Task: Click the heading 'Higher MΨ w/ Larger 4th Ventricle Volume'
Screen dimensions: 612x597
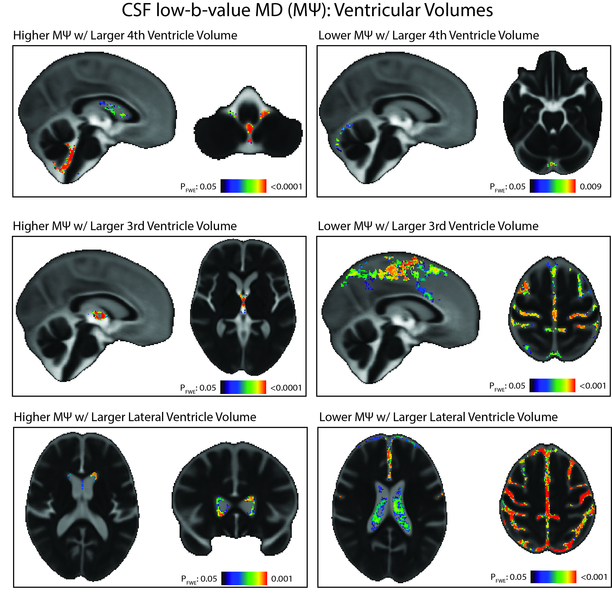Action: click(x=125, y=35)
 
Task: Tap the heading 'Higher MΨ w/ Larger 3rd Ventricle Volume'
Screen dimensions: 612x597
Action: click(x=125, y=226)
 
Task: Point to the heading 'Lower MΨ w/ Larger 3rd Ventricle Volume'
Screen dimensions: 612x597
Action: click(x=428, y=226)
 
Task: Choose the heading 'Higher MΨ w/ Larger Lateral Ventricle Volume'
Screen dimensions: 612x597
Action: click(x=135, y=417)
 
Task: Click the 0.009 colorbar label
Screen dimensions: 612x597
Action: click(x=590, y=187)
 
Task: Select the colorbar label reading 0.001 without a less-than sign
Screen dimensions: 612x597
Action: click(x=281, y=579)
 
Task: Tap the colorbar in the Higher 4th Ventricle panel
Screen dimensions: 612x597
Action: click(x=243, y=186)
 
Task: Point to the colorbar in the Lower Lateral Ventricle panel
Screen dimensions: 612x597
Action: click(x=553, y=577)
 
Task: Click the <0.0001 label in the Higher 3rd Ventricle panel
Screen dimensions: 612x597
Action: click(x=286, y=388)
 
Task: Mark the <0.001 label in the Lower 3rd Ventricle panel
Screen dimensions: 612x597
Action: click(x=593, y=386)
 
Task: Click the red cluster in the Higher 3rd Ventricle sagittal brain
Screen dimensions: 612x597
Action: click(x=100, y=315)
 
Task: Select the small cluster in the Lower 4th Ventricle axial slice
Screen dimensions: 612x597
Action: click(x=552, y=164)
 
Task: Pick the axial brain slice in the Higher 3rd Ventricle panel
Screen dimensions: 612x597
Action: click(x=243, y=307)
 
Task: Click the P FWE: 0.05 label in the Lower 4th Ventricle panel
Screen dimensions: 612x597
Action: click(x=507, y=187)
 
